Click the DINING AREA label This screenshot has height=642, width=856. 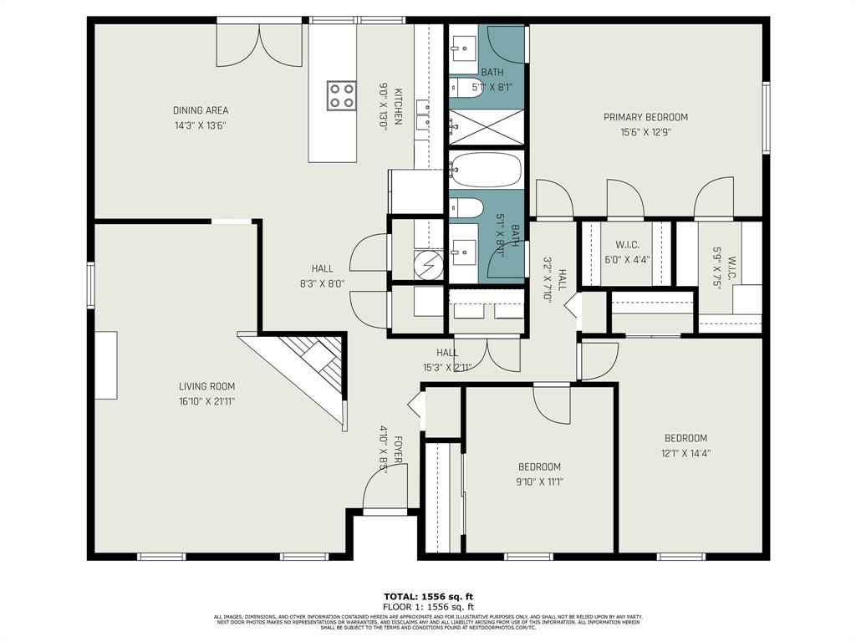201,110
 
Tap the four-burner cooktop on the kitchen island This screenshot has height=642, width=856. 341,94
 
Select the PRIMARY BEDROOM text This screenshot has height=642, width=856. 645,117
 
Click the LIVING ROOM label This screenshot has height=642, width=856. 206,386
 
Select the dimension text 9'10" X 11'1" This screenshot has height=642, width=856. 539,481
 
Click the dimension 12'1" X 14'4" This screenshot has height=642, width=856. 685,453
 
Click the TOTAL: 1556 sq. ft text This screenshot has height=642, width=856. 428,596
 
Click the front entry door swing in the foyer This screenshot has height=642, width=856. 383,488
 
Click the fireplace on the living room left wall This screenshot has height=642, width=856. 105,364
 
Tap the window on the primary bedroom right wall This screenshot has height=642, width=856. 765,117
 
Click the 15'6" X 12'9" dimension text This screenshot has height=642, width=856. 645,131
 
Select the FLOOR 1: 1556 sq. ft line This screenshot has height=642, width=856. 428,606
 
